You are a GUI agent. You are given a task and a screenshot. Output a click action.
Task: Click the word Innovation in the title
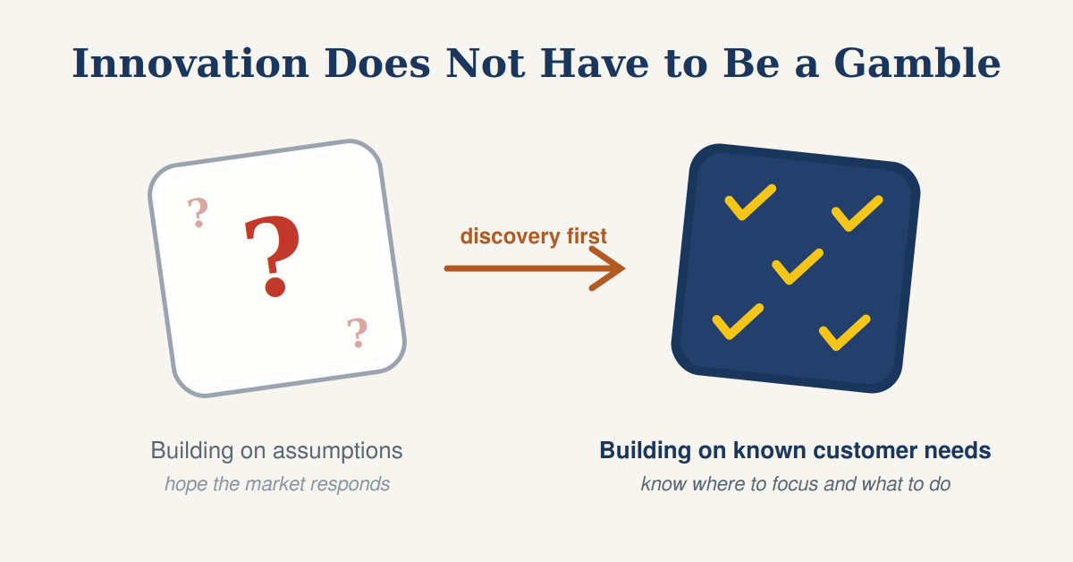(x=190, y=64)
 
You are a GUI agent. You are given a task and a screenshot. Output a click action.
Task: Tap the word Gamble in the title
(x=917, y=64)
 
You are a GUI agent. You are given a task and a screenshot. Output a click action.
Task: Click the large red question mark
(x=273, y=257)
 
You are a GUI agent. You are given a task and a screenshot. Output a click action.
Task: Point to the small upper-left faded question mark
(x=198, y=212)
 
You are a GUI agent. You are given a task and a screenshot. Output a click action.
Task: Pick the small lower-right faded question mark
(x=358, y=333)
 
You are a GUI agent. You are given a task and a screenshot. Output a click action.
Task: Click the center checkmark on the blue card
(x=798, y=267)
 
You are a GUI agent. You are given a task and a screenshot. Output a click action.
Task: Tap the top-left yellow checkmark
(x=750, y=202)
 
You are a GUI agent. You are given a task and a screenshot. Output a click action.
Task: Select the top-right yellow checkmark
(x=857, y=213)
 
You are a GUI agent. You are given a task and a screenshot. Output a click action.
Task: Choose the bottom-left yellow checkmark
(x=738, y=322)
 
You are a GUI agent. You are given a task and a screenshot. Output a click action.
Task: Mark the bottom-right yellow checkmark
(x=844, y=333)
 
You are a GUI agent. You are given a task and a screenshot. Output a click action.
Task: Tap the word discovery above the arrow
(x=511, y=236)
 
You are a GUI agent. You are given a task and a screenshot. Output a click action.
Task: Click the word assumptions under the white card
(x=338, y=451)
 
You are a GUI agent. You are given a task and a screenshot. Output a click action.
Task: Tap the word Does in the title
(x=377, y=64)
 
